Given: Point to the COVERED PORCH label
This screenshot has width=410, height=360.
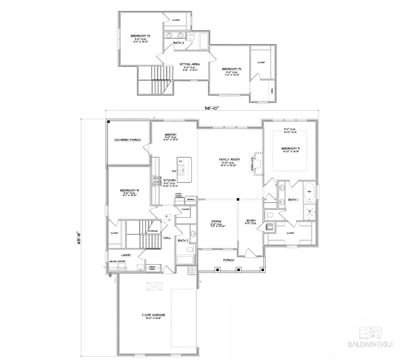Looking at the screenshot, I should click(127, 140).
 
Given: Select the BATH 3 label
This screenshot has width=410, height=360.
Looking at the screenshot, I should click(179, 43).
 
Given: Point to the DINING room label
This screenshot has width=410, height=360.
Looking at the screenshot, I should click(215, 221).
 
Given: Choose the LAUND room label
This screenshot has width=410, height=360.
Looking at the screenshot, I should click(126, 255).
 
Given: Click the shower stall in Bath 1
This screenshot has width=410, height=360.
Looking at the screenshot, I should click(310, 211).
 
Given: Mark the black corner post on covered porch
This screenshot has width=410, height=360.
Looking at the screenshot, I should click(109, 122).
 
